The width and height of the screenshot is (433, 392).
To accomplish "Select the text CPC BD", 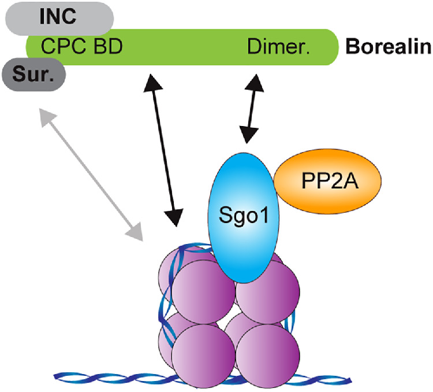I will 81,46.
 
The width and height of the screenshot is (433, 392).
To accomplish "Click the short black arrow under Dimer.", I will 251,110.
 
